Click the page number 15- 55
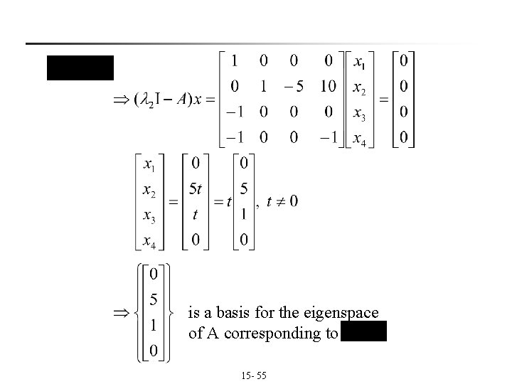point(254,373)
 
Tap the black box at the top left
point(80,67)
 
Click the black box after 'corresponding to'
point(363,332)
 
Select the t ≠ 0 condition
point(282,201)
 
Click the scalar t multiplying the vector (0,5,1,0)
point(229,201)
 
